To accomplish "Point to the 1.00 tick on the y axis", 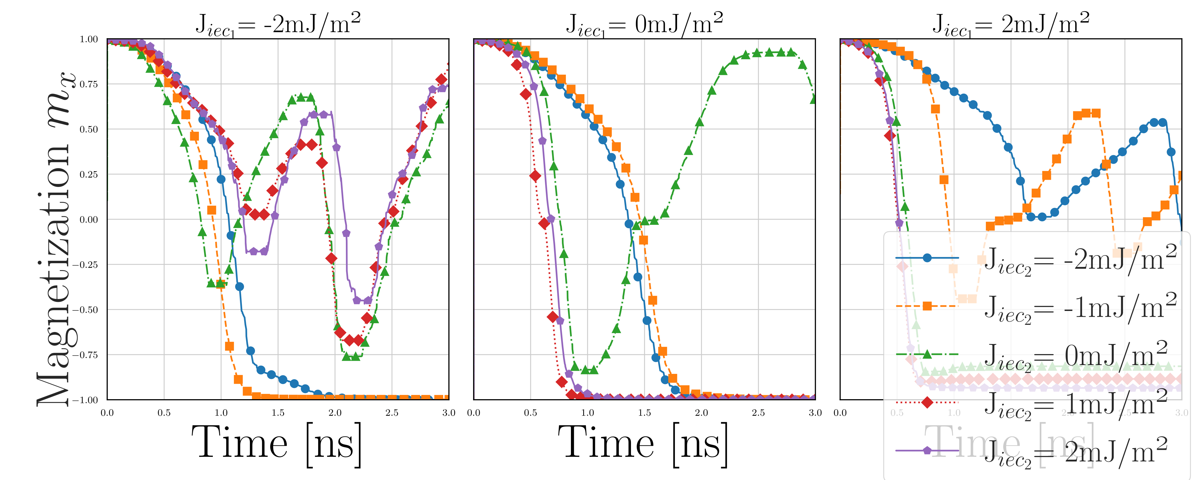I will tap(89, 39).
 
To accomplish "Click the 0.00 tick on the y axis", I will tap(89, 219).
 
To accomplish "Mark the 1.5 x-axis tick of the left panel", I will tap(278, 413).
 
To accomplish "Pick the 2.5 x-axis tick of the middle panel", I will tap(758, 413).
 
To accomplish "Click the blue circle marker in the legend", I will tap(927, 258).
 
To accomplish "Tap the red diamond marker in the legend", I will tap(927, 402).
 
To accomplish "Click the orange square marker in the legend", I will tap(927, 306).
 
